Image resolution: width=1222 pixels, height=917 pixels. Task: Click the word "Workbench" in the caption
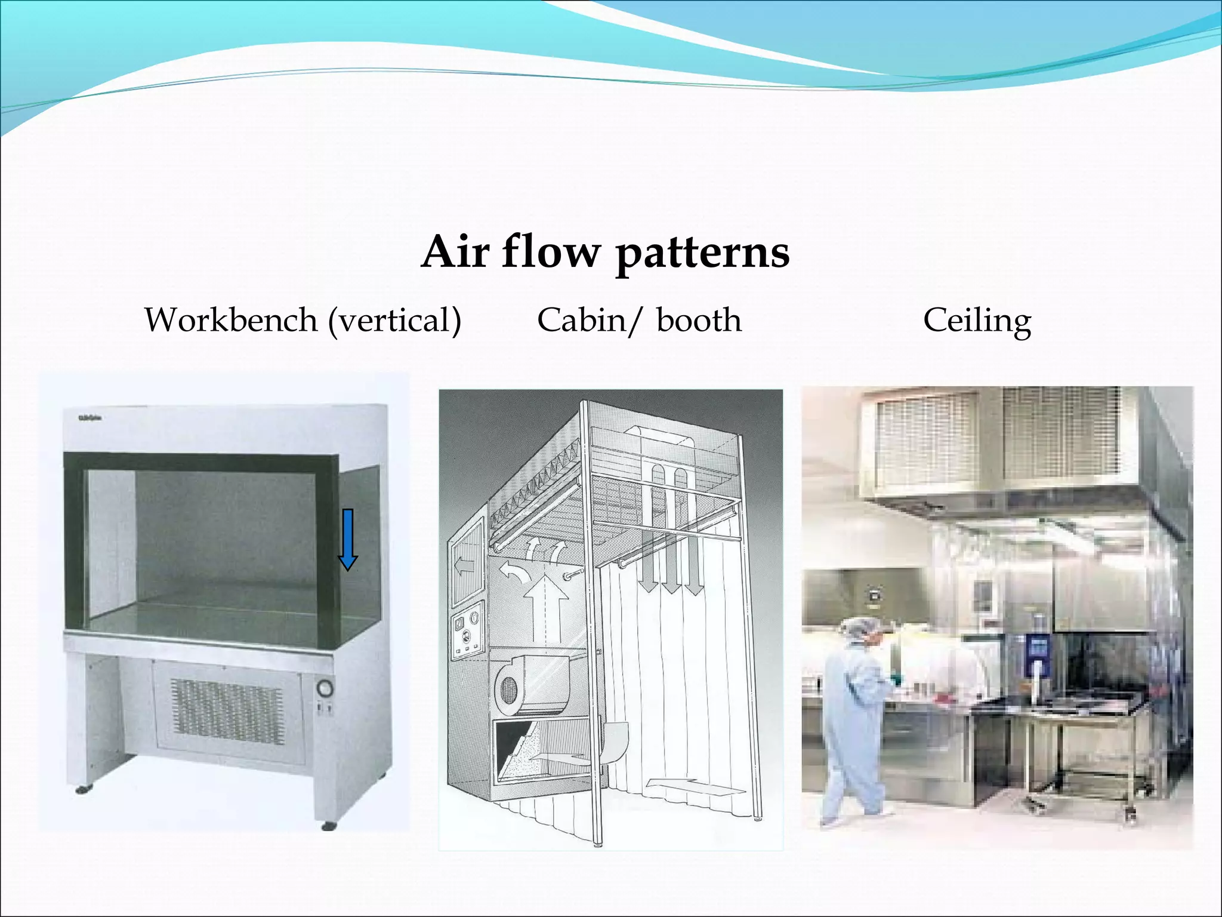[x=231, y=320]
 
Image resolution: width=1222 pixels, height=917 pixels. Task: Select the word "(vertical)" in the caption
[x=395, y=321]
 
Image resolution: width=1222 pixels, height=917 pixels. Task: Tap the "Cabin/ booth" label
[x=639, y=321]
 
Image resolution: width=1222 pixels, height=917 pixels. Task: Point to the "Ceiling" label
[x=977, y=321]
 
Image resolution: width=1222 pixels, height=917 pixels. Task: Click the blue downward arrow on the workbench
[x=347, y=538]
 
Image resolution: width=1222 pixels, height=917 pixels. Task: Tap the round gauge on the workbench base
[x=325, y=688]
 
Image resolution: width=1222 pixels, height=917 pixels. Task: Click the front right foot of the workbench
[x=328, y=826]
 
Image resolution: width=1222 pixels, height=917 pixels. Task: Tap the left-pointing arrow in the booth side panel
[x=465, y=565]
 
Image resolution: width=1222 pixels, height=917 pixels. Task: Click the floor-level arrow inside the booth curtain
[x=696, y=785]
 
